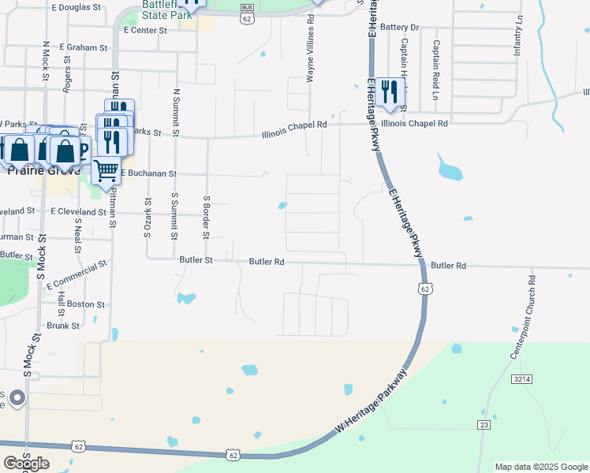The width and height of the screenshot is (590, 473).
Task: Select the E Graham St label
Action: click(x=82, y=47)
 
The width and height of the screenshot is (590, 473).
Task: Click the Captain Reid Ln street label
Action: click(x=435, y=68)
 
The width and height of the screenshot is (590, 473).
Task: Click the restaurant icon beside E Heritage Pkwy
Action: click(x=388, y=92)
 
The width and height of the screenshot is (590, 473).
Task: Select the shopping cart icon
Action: click(x=106, y=169)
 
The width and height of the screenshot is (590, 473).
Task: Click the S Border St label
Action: click(x=206, y=217)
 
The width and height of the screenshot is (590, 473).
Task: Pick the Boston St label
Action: click(x=85, y=304)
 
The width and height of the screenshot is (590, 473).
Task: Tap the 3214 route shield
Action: click(x=521, y=379)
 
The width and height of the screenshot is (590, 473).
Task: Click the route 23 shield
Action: click(x=484, y=424)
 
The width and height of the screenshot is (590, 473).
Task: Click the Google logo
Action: click(x=26, y=464)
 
